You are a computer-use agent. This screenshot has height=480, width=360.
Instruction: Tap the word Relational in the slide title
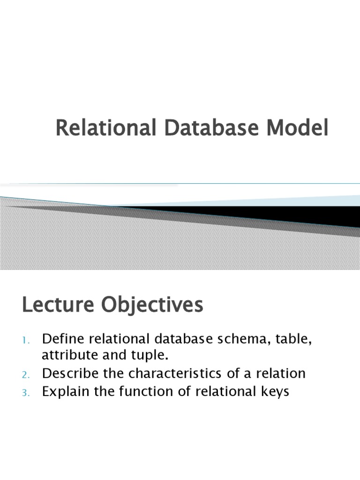click(x=105, y=129)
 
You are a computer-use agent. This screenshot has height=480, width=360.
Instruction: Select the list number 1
click(x=25, y=339)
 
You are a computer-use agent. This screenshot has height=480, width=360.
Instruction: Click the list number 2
click(x=25, y=375)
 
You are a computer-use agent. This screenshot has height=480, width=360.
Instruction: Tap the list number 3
click(x=25, y=393)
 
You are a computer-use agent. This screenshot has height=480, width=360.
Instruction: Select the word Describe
click(x=69, y=374)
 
